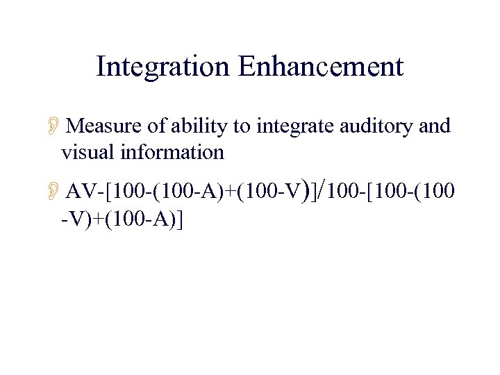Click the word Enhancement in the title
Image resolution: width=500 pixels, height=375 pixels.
(321, 67)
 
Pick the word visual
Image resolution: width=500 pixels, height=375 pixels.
(88, 152)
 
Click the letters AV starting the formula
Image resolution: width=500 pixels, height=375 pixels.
(83, 192)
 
